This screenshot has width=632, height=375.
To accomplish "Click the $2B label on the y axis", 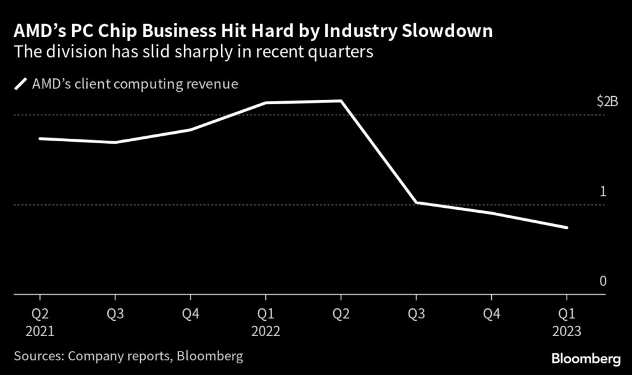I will [607, 102].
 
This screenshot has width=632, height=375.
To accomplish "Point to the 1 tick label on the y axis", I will [603, 191].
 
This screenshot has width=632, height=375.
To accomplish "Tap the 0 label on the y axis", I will [603, 281].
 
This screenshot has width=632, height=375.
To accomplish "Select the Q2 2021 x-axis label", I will [40, 322].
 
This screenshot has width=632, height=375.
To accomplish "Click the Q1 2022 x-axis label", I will [265, 322].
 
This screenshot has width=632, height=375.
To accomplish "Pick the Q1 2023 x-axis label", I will [567, 322].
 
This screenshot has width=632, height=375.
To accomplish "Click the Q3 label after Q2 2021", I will [115, 313].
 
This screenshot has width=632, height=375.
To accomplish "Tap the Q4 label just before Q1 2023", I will [491, 313].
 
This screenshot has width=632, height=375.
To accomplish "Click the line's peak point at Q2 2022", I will [341, 101].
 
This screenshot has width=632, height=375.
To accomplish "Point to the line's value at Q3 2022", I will [416, 202].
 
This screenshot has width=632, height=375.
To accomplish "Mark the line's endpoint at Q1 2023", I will [567, 228].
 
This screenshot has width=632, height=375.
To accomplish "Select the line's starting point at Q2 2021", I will [40, 138].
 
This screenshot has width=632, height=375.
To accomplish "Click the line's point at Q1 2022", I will [265, 102].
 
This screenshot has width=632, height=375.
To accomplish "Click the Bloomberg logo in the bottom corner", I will [585, 358].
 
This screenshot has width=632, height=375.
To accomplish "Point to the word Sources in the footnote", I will [36, 356].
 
